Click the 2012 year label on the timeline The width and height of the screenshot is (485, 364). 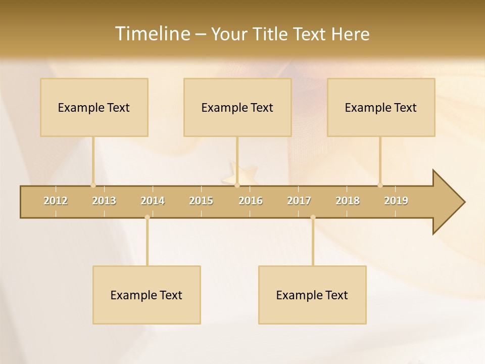[x=56, y=201]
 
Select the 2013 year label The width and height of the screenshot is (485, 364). [x=104, y=201]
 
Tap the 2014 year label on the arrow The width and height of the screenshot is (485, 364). [x=153, y=201]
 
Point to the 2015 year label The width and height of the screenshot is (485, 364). [x=201, y=201]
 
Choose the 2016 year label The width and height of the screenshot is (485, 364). [x=251, y=201]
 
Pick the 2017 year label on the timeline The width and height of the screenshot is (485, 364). [x=299, y=201]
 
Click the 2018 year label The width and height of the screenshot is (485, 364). [x=348, y=201]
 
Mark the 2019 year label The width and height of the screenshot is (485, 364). [x=396, y=201]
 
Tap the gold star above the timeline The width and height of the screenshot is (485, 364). [x=239, y=173]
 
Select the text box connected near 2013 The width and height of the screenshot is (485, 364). [x=94, y=107]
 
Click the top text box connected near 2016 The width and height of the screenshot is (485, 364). [x=237, y=107]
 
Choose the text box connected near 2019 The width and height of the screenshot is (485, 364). [x=381, y=107]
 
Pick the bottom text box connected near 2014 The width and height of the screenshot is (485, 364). [x=147, y=295]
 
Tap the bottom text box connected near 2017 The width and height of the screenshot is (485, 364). [x=312, y=295]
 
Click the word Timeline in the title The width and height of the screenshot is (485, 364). [x=152, y=34]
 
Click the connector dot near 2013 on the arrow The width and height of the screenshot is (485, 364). [x=93, y=185]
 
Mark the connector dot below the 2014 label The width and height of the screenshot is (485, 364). [x=147, y=217]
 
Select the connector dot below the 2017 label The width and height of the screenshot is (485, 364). [x=313, y=217]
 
